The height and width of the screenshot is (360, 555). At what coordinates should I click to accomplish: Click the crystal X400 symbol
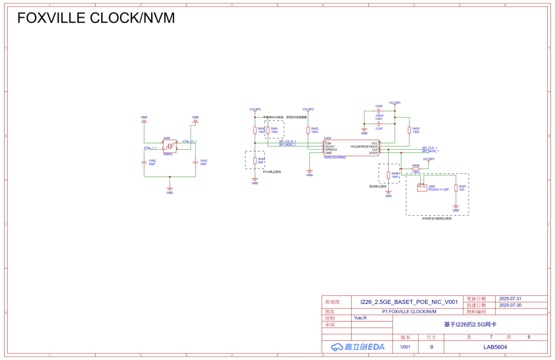click(x=170, y=146)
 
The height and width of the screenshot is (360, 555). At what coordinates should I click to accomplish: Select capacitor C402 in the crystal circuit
click(x=144, y=162)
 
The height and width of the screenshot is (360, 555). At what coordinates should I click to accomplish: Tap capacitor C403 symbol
click(x=195, y=162)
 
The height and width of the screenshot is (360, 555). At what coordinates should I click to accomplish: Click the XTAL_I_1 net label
click(x=151, y=148)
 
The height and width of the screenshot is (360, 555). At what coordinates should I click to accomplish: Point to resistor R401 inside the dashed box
click(x=268, y=130)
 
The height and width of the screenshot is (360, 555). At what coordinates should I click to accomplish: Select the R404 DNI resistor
click(x=255, y=161)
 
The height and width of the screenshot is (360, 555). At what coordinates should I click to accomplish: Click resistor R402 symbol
click(x=308, y=130)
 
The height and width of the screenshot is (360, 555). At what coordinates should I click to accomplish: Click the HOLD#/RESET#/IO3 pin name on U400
click(x=364, y=146)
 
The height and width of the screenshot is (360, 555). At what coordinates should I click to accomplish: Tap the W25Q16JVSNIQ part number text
click(x=335, y=157)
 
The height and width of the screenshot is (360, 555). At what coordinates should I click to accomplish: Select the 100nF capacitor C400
click(x=379, y=110)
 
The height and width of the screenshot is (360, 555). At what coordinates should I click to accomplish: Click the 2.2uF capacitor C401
click(x=379, y=124)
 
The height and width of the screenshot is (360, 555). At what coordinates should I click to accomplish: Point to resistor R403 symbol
click(x=410, y=130)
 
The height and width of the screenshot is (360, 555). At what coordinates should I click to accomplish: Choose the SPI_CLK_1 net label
click(x=430, y=148)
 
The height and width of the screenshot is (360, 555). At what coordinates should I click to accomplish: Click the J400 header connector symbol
click(x=422, y=188)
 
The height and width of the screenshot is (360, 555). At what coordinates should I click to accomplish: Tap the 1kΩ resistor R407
click(x=456, y=188)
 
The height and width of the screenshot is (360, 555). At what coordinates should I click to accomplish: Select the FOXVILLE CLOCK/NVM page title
click(x=96, y=18)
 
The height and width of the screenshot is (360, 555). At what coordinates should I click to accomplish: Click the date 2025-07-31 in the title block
click(x=510, y=298)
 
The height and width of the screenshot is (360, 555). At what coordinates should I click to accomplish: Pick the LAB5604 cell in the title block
click(x=495, y=347)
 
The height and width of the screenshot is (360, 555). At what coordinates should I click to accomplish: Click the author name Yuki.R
click(x=360, y=318)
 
